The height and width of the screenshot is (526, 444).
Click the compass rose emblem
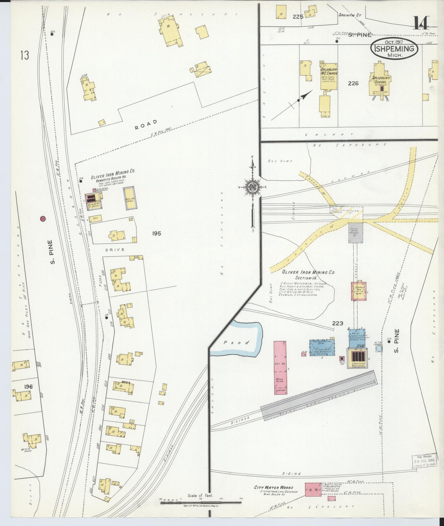[x=253, y=187]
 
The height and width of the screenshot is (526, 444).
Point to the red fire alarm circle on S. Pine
[x=43, y=218]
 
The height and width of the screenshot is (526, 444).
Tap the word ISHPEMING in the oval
[x=394, y=49]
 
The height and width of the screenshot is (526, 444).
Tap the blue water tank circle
[x=379, y=349]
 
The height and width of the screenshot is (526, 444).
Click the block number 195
[x=157, y=233]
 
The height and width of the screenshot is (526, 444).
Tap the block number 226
[x=353, y=84]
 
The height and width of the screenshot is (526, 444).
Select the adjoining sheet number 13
[x=24, y=56]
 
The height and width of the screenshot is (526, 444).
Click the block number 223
[x=337, y=323]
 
